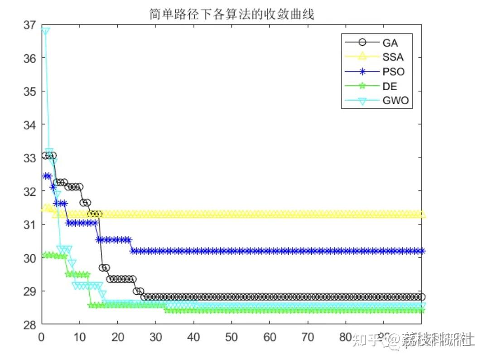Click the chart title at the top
pos(232,15)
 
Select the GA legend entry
pos(390,43)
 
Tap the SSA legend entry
pos(392,57)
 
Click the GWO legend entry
pos(395,101)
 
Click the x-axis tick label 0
pos(41,338)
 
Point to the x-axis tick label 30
pos(155,338)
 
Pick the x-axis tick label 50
pos(232,338)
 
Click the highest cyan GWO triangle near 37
pos(45,30)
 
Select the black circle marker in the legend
pos(362,43)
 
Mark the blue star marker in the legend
pos(362,72)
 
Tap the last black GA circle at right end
pos(421,297)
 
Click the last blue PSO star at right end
pos(421,251)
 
